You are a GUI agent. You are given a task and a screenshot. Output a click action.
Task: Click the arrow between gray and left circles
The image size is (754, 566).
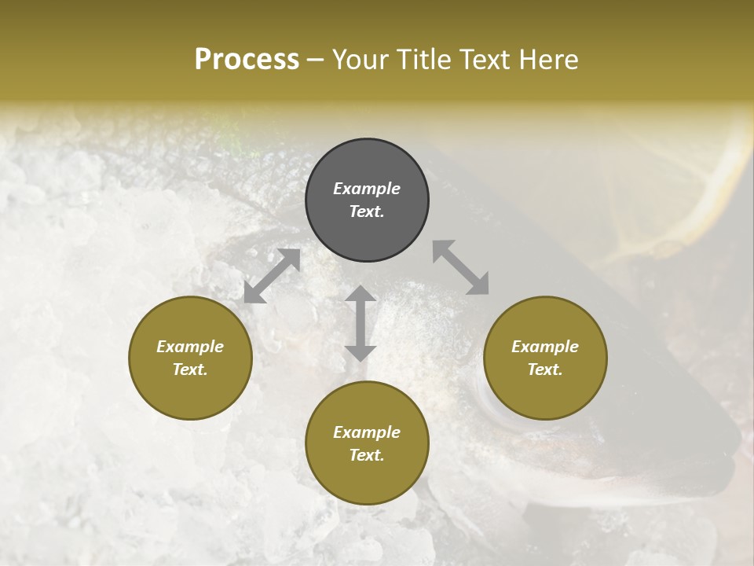click(272, 276)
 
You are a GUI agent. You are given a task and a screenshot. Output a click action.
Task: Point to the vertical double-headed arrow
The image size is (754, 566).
click(361, 323)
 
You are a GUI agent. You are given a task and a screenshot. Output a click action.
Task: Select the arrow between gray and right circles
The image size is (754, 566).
click(461, 267)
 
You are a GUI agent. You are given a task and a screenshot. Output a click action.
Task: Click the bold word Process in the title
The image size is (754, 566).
click(247, 59)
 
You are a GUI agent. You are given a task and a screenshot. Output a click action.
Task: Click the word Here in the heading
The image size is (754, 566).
click(549, 59)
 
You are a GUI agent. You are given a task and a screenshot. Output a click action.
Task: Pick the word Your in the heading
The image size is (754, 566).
click(358, 59)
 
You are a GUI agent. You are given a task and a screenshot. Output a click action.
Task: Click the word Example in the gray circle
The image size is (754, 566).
click(367, 189)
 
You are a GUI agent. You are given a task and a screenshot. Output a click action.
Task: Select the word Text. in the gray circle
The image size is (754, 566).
click(367, 211)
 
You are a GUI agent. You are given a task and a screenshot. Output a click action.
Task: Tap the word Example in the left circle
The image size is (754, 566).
click(190, 347)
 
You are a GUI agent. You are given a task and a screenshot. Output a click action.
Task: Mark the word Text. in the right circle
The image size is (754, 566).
click(545, 369)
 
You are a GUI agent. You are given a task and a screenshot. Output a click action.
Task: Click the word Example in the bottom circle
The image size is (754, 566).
click(367, 432)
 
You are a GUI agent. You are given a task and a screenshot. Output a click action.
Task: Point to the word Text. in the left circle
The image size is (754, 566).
click(190, 369)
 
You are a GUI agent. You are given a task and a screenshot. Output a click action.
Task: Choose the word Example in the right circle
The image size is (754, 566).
click(545, 347)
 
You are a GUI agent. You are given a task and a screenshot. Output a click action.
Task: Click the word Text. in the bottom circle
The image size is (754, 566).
click(367, 455)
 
